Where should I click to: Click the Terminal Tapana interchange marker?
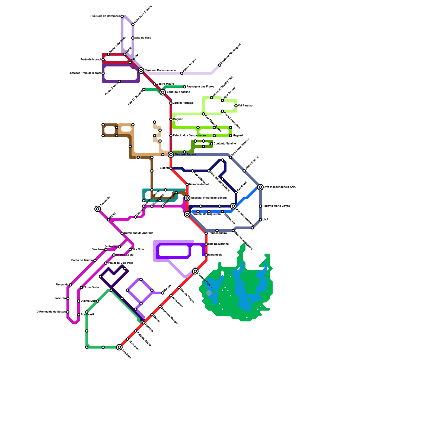171,155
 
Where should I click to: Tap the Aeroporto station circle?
98,209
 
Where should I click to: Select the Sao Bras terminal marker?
119,347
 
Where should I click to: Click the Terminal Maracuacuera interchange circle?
141,71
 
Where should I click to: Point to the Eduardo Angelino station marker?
163,92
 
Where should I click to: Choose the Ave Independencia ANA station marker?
260,187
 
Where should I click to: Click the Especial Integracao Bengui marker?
187,198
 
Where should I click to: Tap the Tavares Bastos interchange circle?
195,271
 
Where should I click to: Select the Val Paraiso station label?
245,106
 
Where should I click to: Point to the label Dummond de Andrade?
139,233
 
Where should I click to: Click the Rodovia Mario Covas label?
276,206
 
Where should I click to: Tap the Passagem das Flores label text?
200,87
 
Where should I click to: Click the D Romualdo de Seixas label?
51,312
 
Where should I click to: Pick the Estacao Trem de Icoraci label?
85,73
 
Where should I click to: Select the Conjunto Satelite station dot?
212,144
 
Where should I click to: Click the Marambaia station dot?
206,255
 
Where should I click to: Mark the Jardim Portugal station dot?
171,103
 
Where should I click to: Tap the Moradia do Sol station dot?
187,184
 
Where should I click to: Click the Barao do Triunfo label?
82,260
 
